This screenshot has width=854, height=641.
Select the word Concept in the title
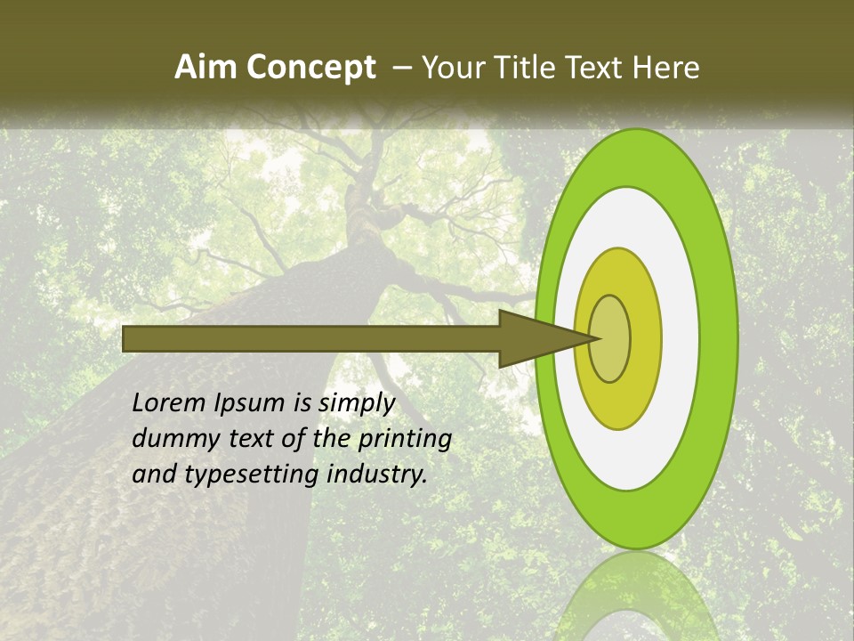click(310, 68)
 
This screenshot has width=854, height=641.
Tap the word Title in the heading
click(530, 68)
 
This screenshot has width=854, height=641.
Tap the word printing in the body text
click(405, 439)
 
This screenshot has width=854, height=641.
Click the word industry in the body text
click(377, 475)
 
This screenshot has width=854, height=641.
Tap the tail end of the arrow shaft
click(129, 338)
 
